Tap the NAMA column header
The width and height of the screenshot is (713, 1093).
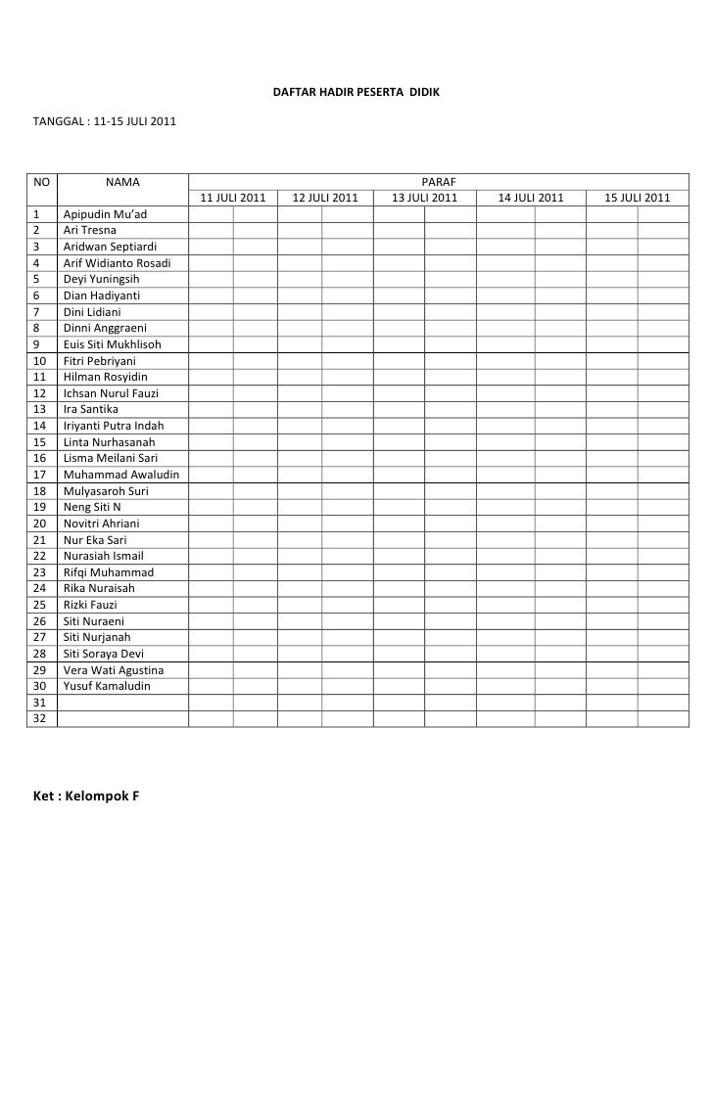pos(122,182)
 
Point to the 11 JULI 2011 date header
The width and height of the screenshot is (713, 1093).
pos(233,199)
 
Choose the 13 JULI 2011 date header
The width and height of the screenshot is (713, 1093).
pos(425,199)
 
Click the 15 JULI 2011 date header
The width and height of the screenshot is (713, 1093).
pos(638,199)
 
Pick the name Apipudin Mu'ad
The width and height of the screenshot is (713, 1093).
pos(105,214)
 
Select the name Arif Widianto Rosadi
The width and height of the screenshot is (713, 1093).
pos(117,263)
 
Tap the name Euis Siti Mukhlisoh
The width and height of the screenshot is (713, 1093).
pos(112,344)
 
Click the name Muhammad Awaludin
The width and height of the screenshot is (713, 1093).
pos(120,475)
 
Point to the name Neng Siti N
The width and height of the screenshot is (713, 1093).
pos(92,507)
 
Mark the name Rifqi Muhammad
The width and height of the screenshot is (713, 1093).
pos(108,572)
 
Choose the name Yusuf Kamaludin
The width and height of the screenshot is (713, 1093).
pos(107,686)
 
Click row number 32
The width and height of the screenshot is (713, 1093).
pos(40,719)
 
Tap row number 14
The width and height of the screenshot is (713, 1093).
pos(40,426)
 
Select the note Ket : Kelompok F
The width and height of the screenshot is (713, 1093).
pos(86,795)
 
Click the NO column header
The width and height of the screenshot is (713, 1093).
pos(41,182)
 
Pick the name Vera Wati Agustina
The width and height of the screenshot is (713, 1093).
pos(113,670)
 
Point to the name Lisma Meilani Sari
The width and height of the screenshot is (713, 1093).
pos(111,458)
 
